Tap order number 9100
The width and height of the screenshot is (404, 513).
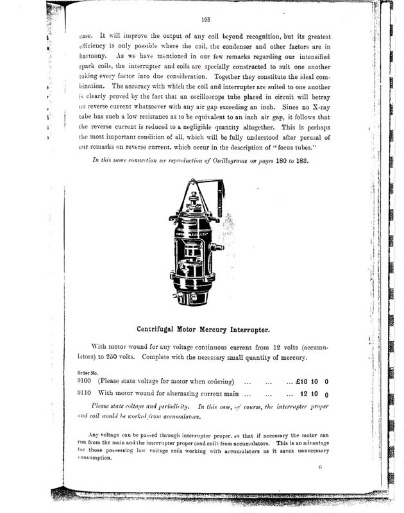(x=84, y=382)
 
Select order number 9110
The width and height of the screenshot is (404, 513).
(x=84, y=394)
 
